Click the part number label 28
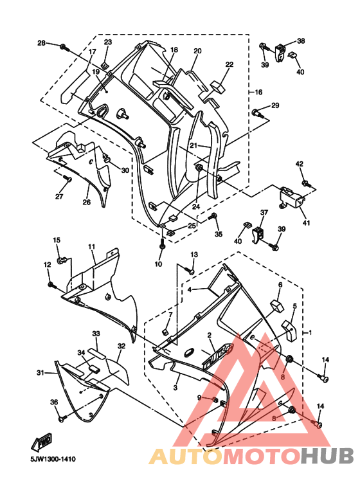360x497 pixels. [x=42, y=43]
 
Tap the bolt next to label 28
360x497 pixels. [x=64, y=47]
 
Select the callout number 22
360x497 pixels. [x=230, y=64]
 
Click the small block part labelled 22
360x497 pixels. [x=217, y=87]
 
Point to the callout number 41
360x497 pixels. [x=306, y=223]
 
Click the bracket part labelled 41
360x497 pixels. [x=292, y=198]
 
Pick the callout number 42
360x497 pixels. [x=300, y=164]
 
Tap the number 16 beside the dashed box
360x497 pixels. [x=258, y=92]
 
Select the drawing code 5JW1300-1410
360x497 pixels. [x=53, y=459]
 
